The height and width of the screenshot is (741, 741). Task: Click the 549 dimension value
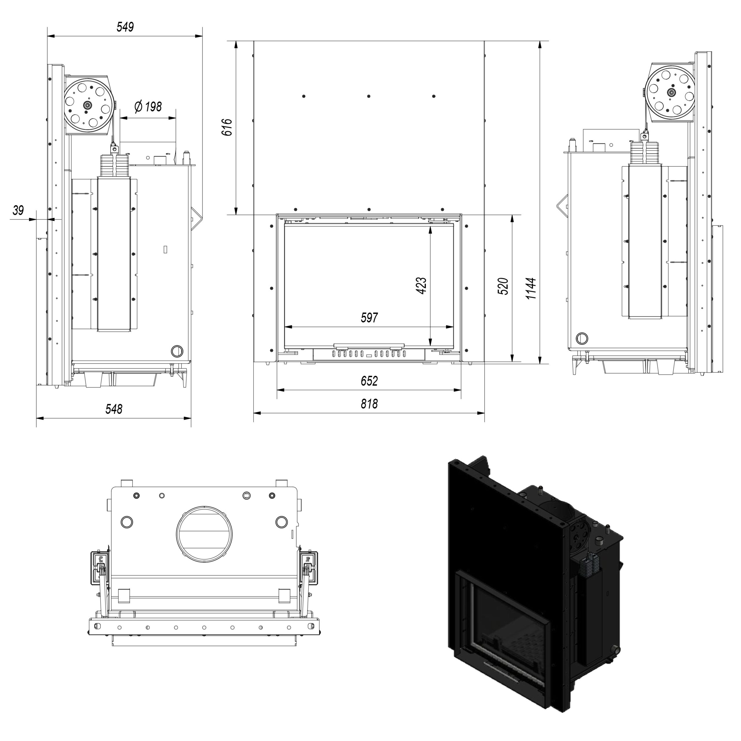pos(125,27)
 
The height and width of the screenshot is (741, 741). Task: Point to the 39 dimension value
pos(18,210)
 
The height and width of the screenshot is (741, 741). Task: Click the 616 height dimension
pos(227,127)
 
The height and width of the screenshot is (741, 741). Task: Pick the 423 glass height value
pos(421,285)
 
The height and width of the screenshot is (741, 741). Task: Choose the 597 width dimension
pos(369,318)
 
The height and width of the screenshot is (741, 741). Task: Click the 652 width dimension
pos(369,381)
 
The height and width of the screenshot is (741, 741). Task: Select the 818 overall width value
pos(369,404)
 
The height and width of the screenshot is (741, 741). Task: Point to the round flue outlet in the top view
pos(204,534)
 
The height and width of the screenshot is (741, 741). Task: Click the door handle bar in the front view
pos(369,346)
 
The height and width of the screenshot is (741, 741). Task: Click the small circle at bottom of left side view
pos(177,351)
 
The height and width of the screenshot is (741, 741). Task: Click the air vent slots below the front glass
pos(369,354)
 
